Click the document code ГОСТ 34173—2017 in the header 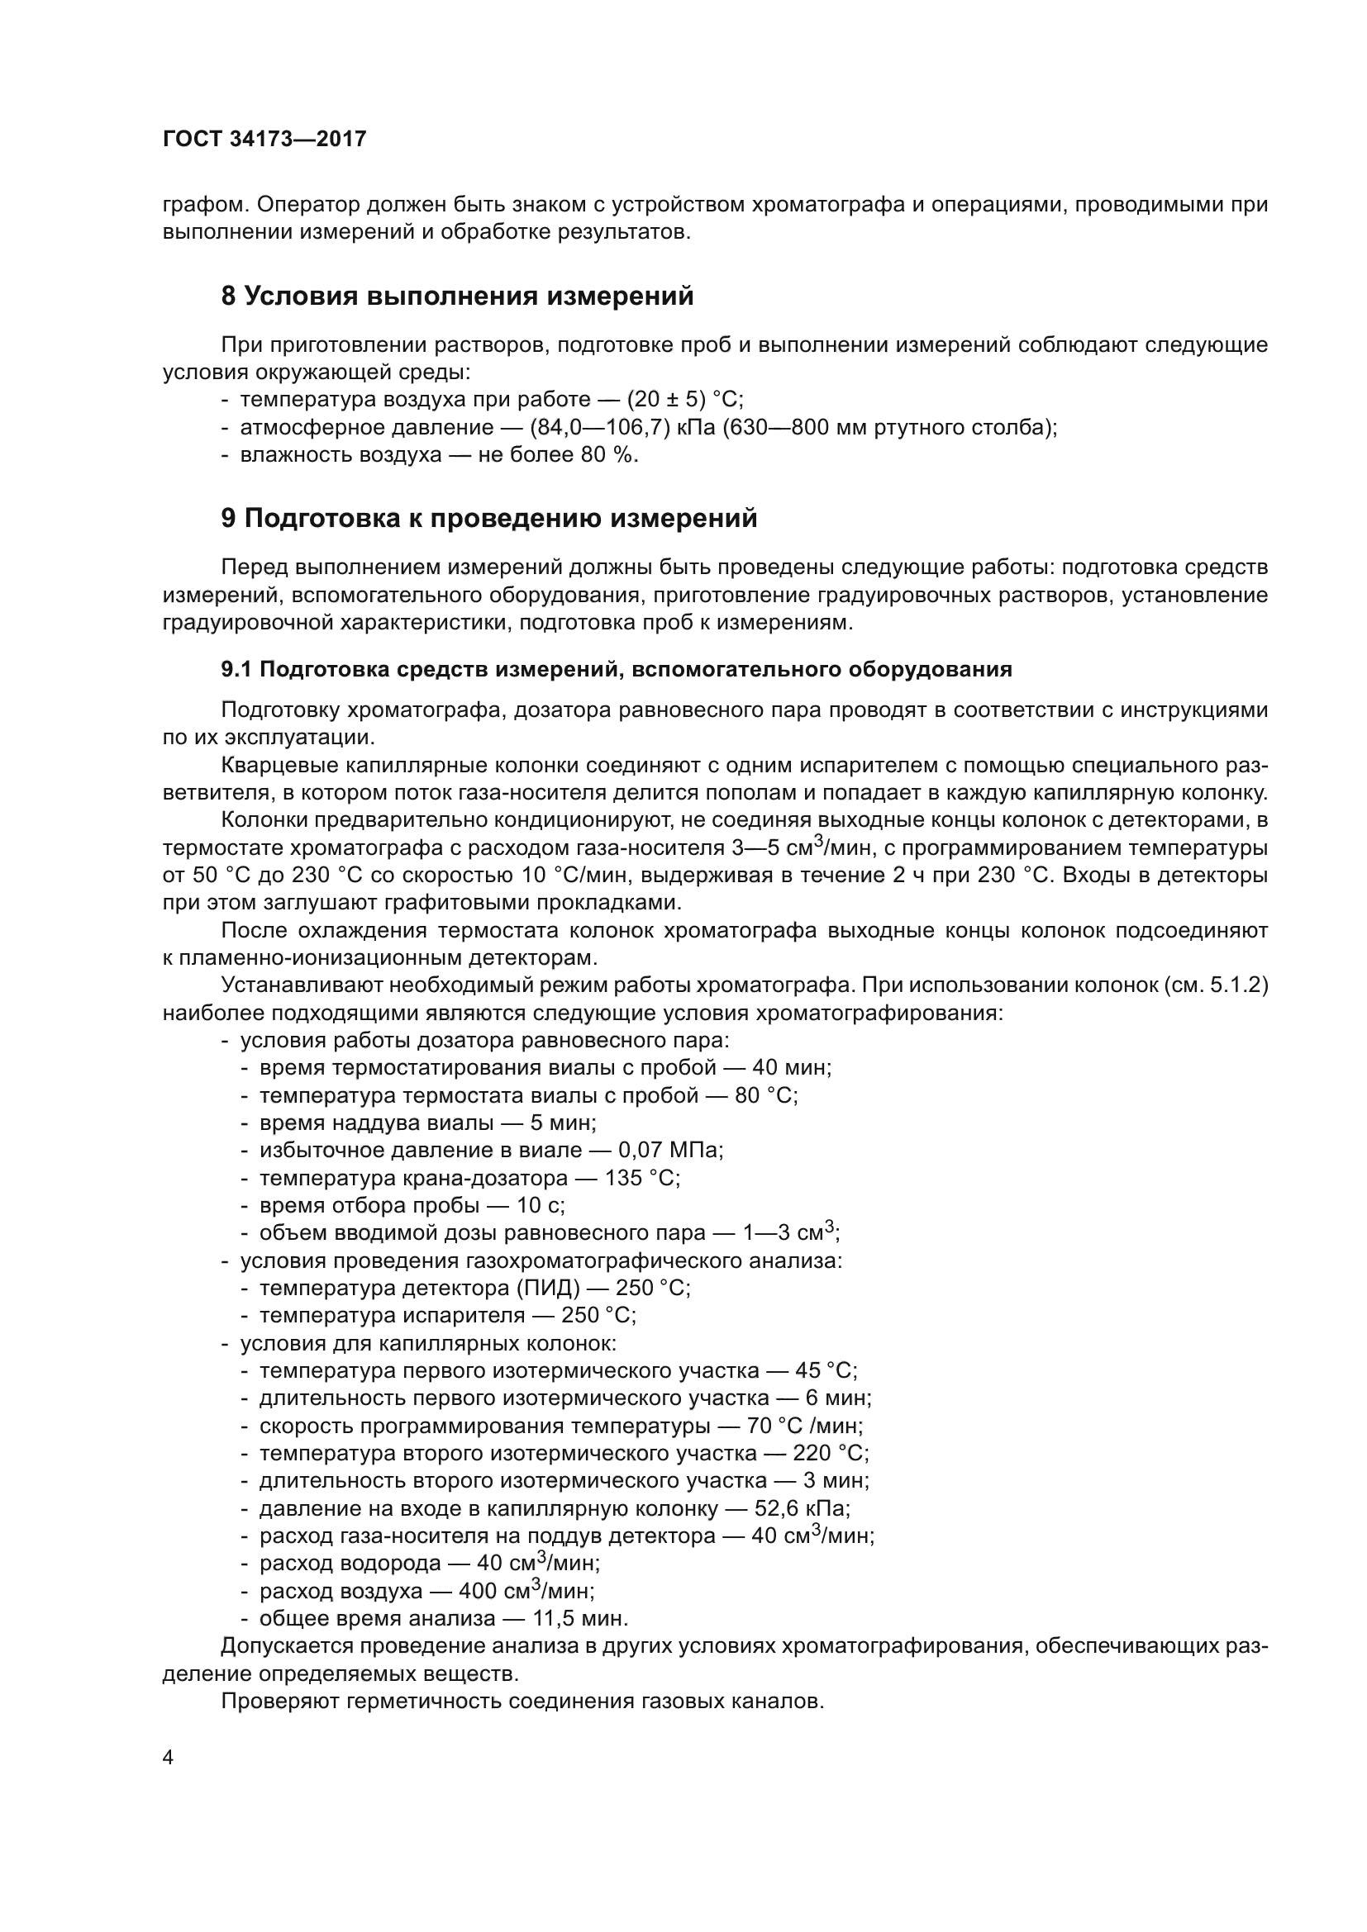tap(264, 139)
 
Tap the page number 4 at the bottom tap(169, 1759)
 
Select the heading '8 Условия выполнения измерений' tap(457, 297)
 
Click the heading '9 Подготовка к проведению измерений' tap(489, 519)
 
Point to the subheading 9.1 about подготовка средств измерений tap(617, 670)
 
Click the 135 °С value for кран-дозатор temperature tap(641, 1178)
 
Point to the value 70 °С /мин tap(804, 1426)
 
